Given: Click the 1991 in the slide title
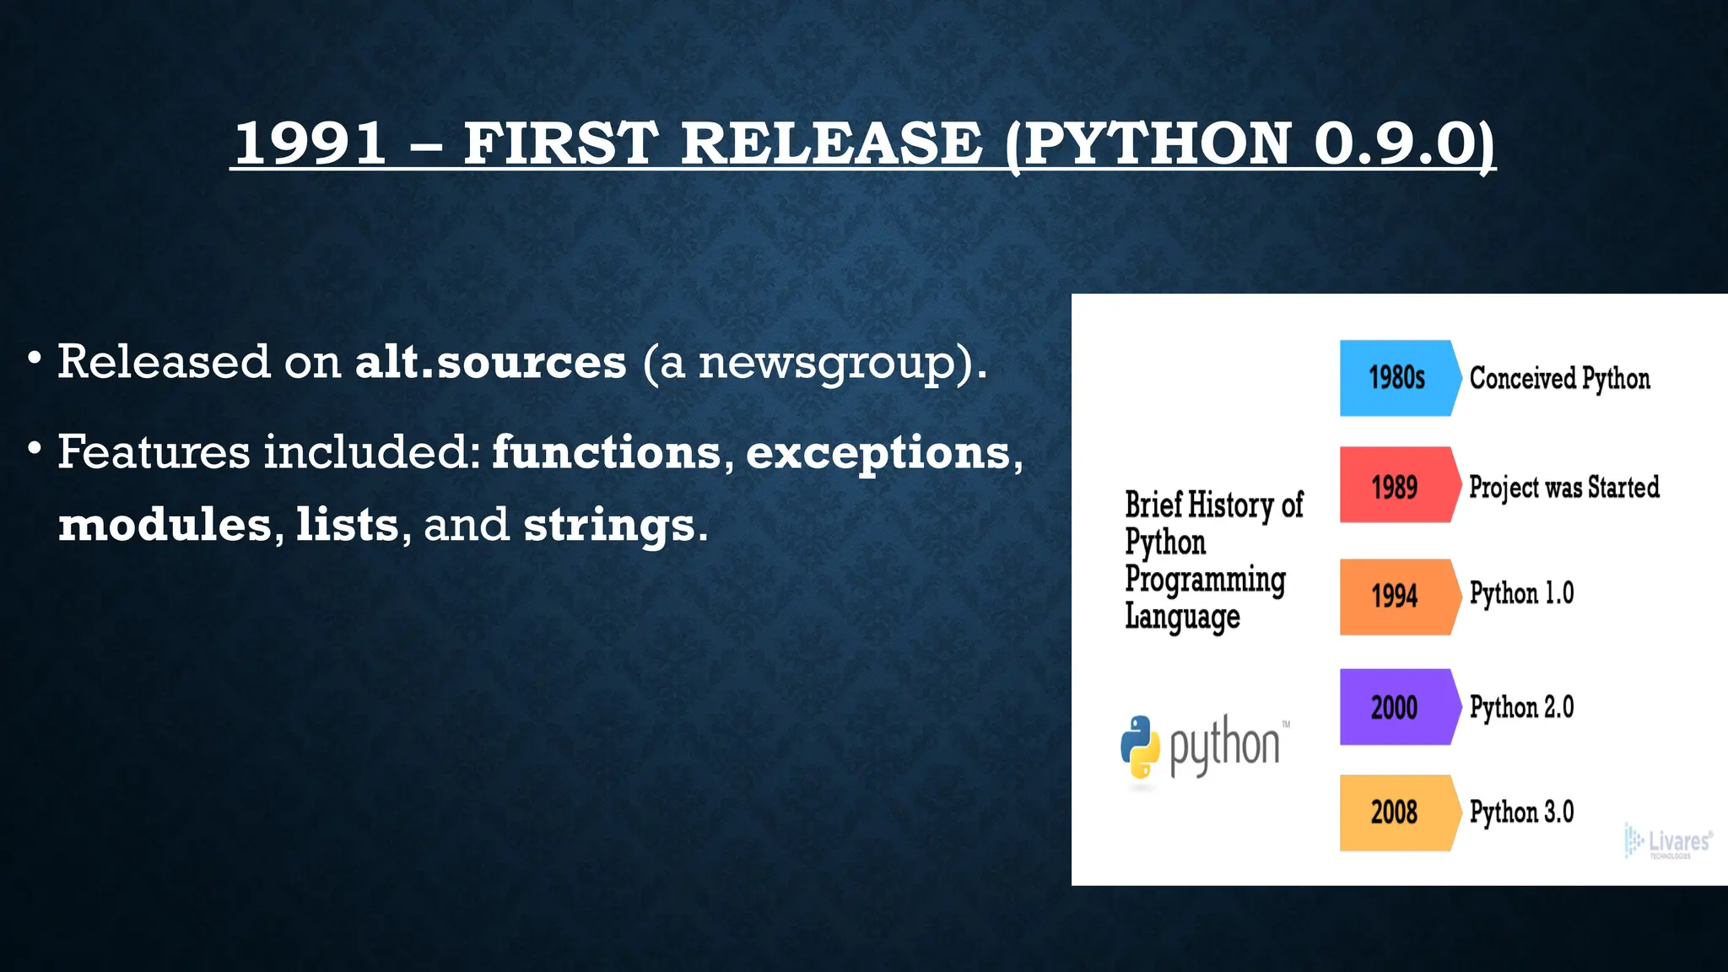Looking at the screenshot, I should (x=310, y=143).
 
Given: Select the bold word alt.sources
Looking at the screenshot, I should (x=490, y=362).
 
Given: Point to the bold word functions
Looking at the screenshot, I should (x=607, y=452).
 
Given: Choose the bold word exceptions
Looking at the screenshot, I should (x=877, y=454).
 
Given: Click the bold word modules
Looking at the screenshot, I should (x=165, y=525).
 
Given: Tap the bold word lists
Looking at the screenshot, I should (x=347, y=525).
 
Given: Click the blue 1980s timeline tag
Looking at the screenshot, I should (x=1397, y=378).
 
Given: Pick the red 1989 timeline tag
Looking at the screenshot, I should (x=1396, y=486).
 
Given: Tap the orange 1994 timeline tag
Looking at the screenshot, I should (x=1396, y=596).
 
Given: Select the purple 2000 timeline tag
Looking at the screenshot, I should (x=1395, y=707).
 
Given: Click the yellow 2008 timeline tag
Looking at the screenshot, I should (x=1395, y=813).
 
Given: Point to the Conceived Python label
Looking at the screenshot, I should (x=1559, y=379).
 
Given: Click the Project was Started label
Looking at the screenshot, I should (x=1563, y=487).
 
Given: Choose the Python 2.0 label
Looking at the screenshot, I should (x=1521, y=707).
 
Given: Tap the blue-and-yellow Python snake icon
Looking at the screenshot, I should (x=1140, y=747).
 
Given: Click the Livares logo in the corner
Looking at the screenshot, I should (x=1668, y=841).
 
